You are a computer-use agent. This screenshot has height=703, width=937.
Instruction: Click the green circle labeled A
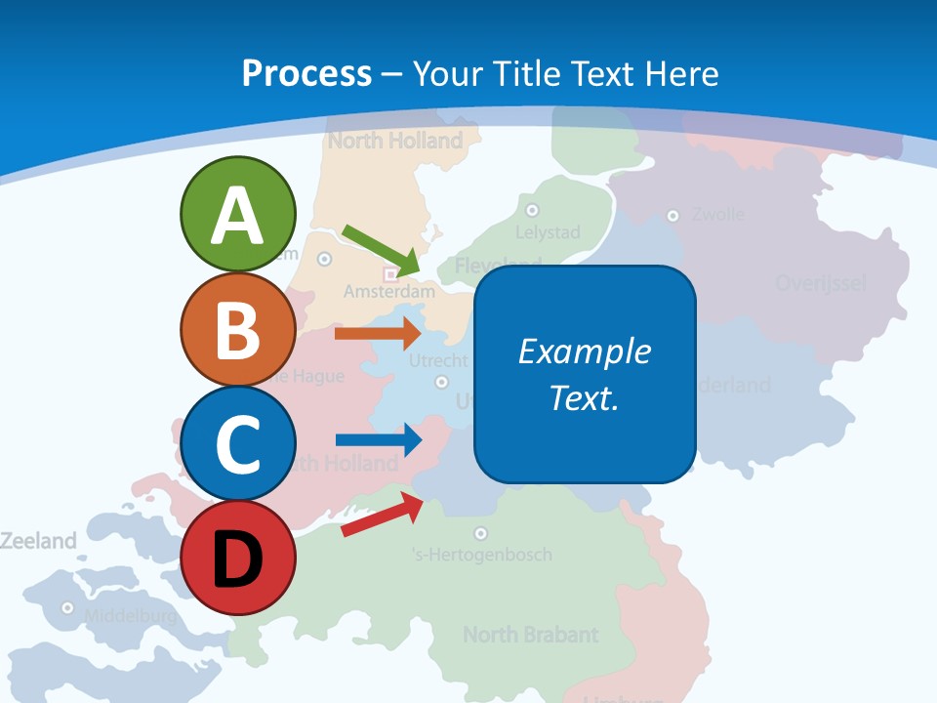[238, 214]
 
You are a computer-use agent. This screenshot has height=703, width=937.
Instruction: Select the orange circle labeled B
[238, 329]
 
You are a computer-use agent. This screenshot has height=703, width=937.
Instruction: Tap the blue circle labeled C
[238, 443]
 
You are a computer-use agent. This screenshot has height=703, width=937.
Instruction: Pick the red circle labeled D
[238, 558]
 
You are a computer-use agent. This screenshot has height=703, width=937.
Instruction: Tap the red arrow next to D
[382, 515]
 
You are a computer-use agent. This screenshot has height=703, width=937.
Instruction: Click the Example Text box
[585, 374]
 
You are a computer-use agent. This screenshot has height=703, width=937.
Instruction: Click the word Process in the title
[306, 73]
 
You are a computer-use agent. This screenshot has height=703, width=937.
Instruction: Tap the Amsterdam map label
[388, 291]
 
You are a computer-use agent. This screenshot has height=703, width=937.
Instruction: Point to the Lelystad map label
[548, 232]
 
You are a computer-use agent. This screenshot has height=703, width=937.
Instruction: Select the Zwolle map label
[718, 214]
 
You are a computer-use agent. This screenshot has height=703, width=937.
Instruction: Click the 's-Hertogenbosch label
[482, 555]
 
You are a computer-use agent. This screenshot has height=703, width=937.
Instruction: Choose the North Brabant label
[530, 635]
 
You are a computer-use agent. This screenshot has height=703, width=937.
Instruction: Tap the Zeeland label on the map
[38, 540]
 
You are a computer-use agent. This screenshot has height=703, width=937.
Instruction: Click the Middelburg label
[131, 616]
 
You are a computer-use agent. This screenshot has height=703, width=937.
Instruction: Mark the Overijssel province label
[821, 283]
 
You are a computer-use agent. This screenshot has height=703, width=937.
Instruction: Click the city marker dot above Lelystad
[532, 210]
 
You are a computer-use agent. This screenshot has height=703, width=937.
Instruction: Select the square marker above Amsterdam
[390, 274]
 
